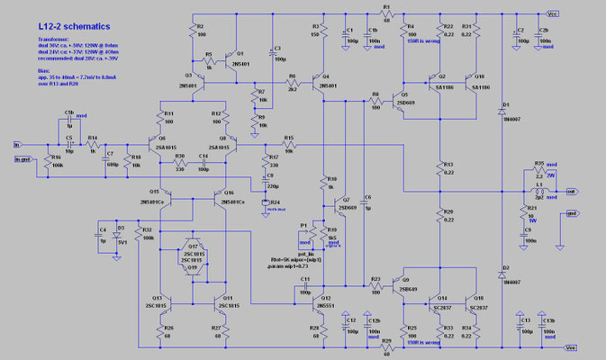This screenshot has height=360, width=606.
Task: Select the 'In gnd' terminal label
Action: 22,159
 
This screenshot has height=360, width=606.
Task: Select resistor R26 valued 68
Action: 167,331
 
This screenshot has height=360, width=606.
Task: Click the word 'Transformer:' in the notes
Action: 32,40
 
